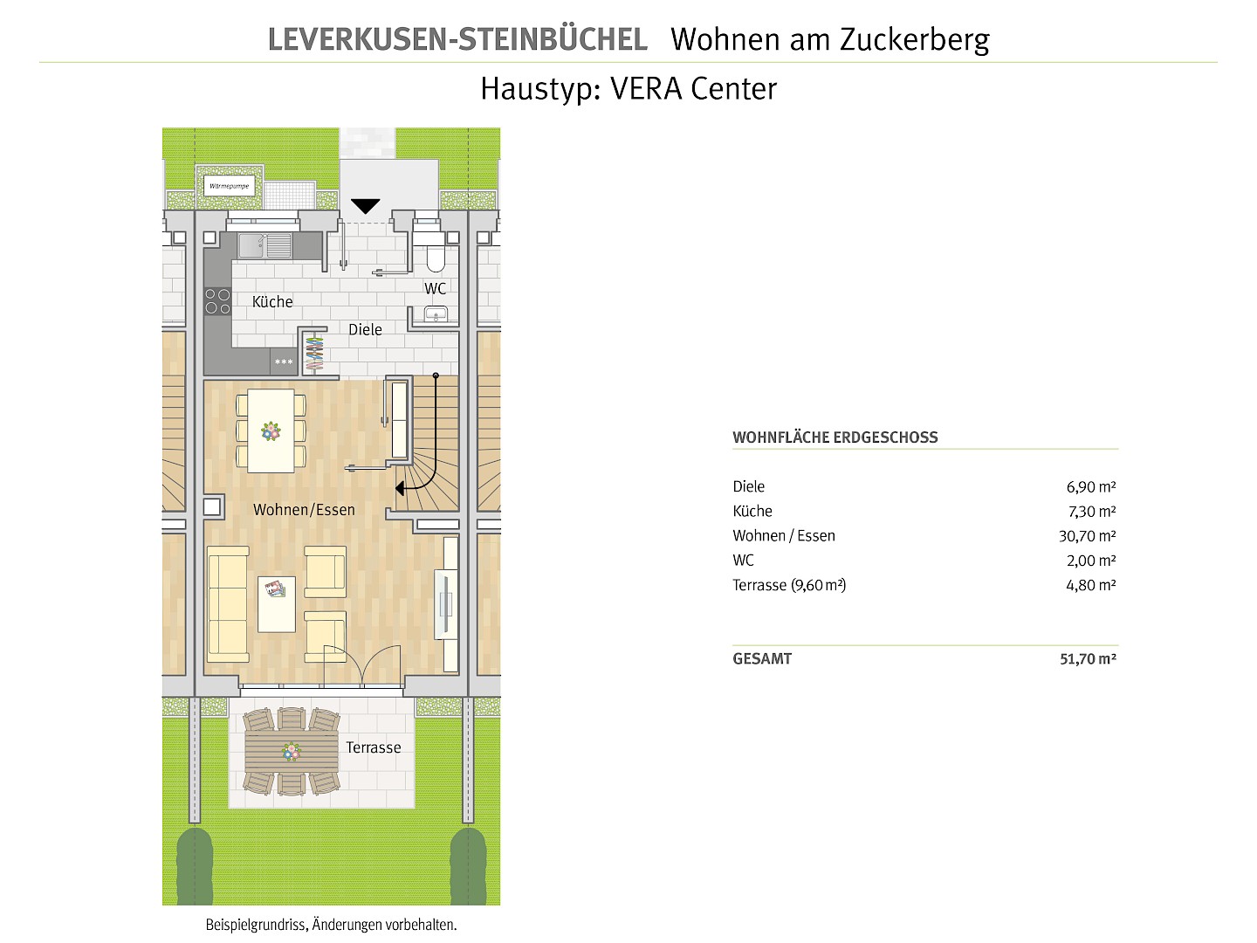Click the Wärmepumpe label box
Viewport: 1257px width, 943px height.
point(229,186)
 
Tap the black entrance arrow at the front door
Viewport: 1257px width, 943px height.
point(366,206)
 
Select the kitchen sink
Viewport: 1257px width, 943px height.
point(264,245)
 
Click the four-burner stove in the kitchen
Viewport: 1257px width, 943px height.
point(217,301)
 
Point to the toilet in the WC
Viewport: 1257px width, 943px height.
point(436,252)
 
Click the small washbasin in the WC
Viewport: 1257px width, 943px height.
point(436,313)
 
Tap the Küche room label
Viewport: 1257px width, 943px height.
point(272,302)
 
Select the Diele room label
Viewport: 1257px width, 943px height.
point(365,330)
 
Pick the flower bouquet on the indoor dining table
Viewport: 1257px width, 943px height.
point(271,431)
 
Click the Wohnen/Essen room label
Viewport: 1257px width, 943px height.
point(304,510)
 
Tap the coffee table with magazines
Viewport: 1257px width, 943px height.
point(277,604)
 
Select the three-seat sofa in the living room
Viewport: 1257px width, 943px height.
point(228,600)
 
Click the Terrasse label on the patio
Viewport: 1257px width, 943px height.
point(374,747)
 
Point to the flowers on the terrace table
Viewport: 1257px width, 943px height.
point(292,751)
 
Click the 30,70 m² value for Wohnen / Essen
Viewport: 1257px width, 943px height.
point(1087,536)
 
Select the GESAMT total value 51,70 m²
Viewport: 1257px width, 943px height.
point(1088,659)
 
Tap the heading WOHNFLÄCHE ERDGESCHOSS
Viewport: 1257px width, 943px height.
point(835,437)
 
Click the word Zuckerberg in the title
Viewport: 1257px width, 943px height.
point(915,40)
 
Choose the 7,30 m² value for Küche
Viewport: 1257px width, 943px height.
point(1091,512)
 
